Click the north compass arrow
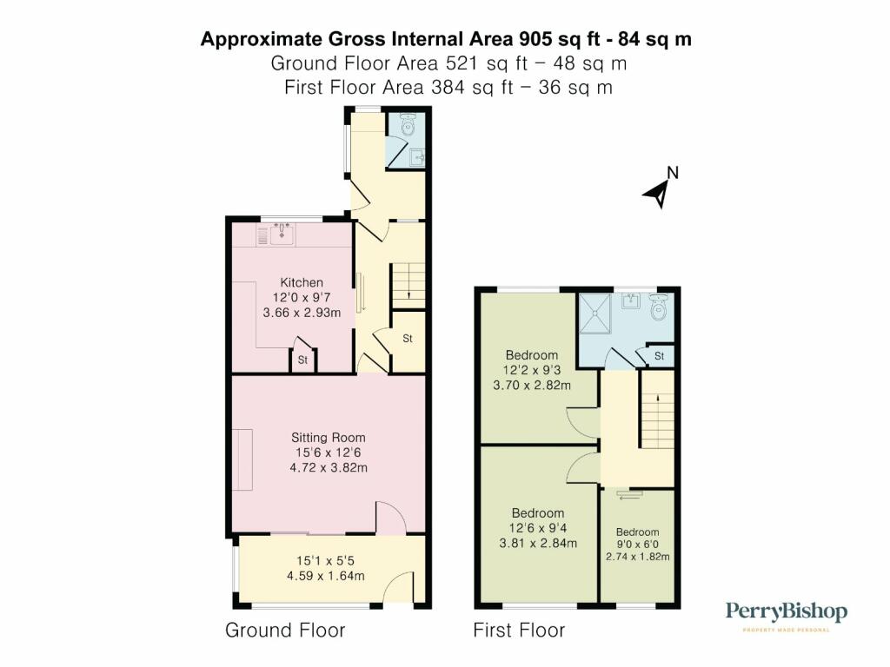click(659, 193)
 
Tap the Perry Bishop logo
click(786, 616)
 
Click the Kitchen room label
click(302, 282)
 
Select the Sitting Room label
click(328, 438)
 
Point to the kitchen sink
click(282, 234)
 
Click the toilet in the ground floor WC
click(408, 125)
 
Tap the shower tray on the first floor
click(594, 314)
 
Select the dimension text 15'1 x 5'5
click(325, 561)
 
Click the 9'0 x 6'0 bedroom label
click(637, 544)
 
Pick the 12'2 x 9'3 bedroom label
click(531, 370)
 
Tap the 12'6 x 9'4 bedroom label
click(538, 528)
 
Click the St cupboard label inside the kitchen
click(302, 360)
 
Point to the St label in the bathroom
click(659, 356)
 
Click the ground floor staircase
click(408, 285)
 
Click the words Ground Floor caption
click(285, 631)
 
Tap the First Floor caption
click(519, 631)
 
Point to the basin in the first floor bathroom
click(630, 300)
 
